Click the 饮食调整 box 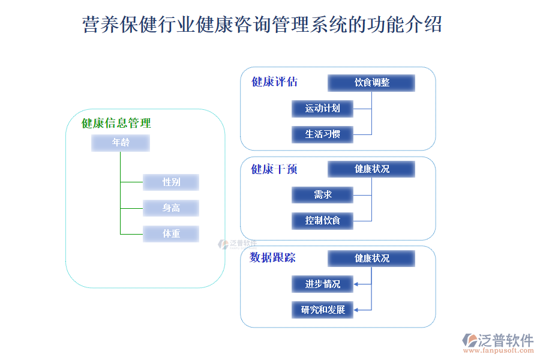[x=371, y=83]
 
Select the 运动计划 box [x=322, y=109]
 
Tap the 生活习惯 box [x=322, y=134]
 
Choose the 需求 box [x=322, y=194]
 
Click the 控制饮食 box [x=322, y=220]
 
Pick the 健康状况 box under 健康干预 [x=371, y=169]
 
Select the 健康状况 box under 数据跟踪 [x=371, y=259]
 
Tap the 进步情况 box [x=322, y=284]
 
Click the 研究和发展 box [x=322, y=310]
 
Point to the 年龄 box [x=120, y=143]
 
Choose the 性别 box [x=171, y=182]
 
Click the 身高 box [x=171, y=208]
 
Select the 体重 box [x=171, y=234]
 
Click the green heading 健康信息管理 [x=116, y=124]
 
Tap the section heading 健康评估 [x=274, y=82]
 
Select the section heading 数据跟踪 [x=272, y=258]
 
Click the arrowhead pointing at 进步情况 [x=356, y=284]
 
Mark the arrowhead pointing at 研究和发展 [x=356, y=310]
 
